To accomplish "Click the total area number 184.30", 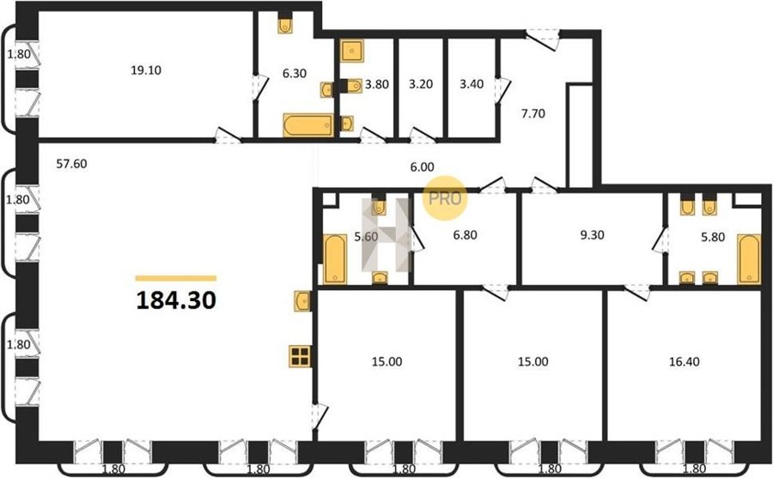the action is (176, 300).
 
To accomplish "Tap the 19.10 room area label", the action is (146, 70).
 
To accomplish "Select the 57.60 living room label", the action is (71, 164).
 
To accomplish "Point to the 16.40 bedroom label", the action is (685, 361).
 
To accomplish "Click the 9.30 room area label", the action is (592, 235).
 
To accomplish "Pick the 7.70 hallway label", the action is (533, 114).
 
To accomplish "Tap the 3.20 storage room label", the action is (421, 84).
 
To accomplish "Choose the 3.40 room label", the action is (472, 84).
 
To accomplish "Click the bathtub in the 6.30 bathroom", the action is (308, 125).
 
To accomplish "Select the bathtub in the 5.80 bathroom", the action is (749, 259).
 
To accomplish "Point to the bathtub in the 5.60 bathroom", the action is (335, 259).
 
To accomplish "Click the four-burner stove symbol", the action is (300, 356).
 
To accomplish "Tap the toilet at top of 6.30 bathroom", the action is (285, 24).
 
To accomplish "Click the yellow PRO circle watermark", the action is (445, 198).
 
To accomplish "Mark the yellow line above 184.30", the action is (176, 278).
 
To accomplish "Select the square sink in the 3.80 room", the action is (352, 51).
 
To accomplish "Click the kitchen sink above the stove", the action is (302, 300).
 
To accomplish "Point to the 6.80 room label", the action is (466, 235).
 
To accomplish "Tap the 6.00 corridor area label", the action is (423, 167).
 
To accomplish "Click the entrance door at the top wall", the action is (542, 39).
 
